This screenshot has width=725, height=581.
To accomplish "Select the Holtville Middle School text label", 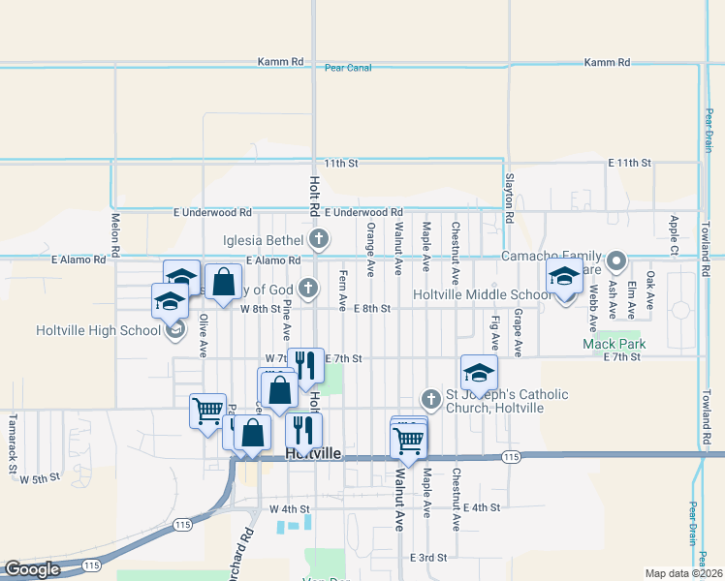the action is coord(482,294).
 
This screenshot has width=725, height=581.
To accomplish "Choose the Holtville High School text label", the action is coord(98,330).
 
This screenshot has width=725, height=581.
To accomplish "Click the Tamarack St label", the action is coord(14,436).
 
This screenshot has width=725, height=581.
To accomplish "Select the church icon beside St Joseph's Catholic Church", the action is coord(431,399).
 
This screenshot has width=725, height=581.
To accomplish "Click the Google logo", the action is coord(32,569).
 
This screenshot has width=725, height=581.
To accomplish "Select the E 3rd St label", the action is coord(427,558).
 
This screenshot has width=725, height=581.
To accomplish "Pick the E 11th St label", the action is coord(629,164).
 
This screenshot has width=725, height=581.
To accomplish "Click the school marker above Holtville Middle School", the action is coord(564,277).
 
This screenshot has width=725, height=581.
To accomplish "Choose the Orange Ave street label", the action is coord(370,243).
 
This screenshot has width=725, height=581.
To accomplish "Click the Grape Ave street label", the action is coord(519,330).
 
